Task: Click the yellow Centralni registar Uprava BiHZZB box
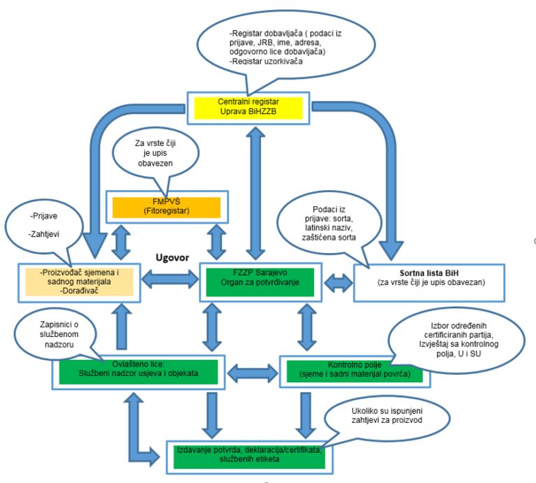248,108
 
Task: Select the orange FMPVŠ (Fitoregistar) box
167,207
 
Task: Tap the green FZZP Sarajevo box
260,282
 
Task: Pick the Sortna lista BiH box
429,283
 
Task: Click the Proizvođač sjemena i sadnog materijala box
80,283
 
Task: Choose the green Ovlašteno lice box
138,372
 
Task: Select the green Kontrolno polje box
355,371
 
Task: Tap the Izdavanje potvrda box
250,457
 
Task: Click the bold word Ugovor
172,257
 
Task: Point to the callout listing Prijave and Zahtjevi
44,226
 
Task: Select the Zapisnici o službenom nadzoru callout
55,334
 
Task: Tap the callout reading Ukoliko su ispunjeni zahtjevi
387,417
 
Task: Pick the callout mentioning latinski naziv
329,223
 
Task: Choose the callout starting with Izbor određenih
457,340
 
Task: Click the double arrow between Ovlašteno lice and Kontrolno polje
253,373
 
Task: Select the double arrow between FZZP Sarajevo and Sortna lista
338,283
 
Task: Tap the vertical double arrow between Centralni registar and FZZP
255,194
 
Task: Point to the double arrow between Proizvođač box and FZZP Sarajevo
170,279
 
